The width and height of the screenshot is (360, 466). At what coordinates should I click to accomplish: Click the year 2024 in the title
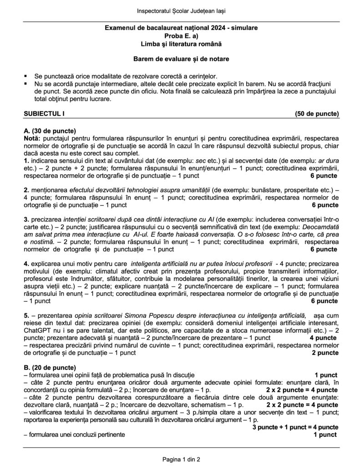[217, 28]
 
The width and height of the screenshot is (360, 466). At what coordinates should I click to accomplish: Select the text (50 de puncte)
[316, 113]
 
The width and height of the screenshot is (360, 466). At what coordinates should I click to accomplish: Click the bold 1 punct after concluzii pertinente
[325, 435]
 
